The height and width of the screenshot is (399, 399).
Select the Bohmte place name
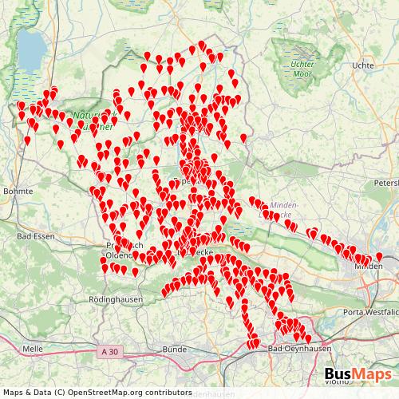pyautogui.click(x=18, y=192)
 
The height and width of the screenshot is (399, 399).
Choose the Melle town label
pyautogui.click(x=33, y=349)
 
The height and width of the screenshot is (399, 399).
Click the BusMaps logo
pyautogui.click(x=358, y=375)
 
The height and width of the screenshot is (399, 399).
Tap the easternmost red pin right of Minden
pyautogui.click(x=379, y=256)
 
